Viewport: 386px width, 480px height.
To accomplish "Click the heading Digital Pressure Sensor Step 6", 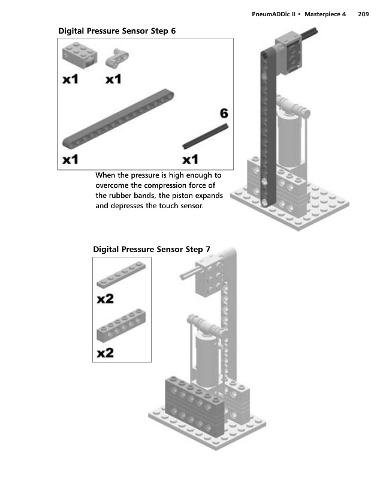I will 117,31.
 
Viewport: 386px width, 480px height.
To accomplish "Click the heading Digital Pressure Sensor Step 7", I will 152,249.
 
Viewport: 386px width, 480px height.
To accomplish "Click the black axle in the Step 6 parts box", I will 205,137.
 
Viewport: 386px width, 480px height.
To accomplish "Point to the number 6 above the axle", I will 224,113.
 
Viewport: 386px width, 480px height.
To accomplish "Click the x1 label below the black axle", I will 190,159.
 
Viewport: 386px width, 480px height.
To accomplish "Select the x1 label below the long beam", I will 71,159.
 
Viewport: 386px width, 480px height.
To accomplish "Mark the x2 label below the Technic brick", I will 105,352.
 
